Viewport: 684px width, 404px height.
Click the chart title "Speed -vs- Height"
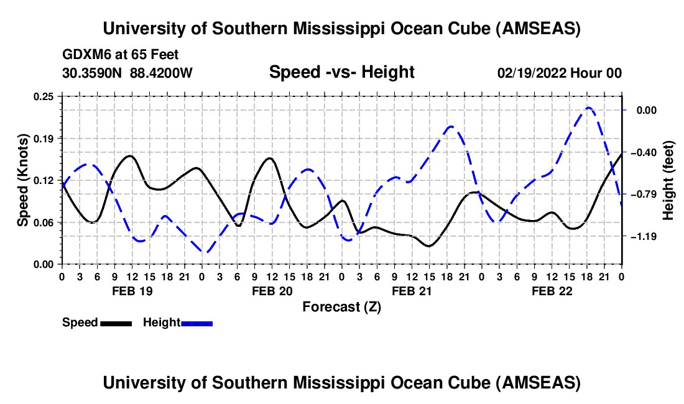[341, 72]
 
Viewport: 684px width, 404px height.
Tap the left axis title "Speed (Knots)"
[22, 180]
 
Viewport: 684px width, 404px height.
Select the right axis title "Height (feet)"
[668, 180]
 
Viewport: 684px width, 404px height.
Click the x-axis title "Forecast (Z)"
[341, 306]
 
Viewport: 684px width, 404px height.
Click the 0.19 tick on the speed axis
[44, 138]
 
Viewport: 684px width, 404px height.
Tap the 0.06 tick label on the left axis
[44, 222]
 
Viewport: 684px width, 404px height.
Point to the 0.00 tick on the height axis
[644, 110]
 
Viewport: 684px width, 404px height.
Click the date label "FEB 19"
[131, 291]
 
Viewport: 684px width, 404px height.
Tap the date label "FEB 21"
[411, 291]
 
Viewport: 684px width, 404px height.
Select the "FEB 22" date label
[551, 291]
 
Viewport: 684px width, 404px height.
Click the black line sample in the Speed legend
[116, 323]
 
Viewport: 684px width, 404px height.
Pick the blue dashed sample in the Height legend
[196, 323]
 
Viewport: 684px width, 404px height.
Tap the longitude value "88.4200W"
[162, 73]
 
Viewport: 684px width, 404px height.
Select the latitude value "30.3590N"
[93, 73]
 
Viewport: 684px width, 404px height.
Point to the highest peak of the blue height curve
[588, 108]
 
